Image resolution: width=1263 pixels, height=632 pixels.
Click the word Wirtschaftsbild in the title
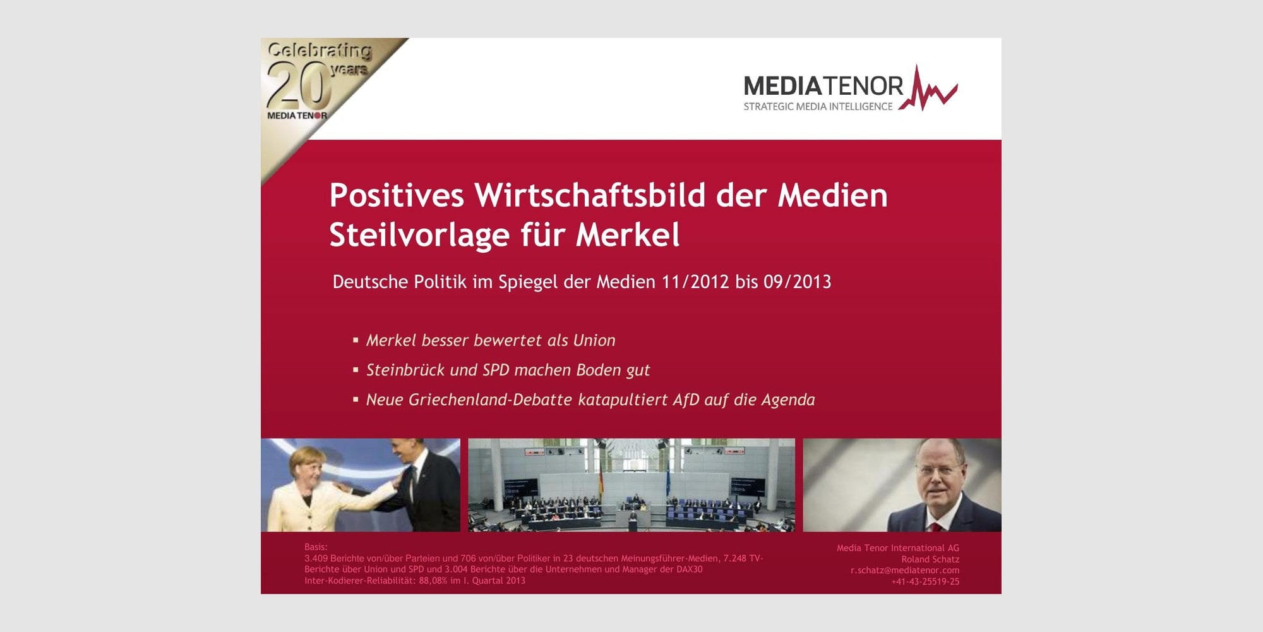590,195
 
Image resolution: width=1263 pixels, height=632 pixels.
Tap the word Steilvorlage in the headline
419,235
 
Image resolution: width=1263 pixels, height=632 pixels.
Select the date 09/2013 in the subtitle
797,282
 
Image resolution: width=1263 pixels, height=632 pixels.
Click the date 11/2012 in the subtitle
695,282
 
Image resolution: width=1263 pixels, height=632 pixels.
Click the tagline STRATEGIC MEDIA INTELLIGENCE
818,107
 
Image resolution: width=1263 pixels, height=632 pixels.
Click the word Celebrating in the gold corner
320,51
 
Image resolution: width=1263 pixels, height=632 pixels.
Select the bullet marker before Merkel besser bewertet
356,340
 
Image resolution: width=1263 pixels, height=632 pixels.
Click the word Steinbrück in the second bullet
405,370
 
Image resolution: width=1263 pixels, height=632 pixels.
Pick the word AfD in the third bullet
686,399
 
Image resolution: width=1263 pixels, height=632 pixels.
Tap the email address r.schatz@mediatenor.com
905,570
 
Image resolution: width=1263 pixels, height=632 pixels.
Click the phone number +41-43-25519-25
925,581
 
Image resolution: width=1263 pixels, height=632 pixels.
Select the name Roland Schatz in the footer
930,559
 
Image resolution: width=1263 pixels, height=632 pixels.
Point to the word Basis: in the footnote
316,547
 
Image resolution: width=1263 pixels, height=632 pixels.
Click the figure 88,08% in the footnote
433,581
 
